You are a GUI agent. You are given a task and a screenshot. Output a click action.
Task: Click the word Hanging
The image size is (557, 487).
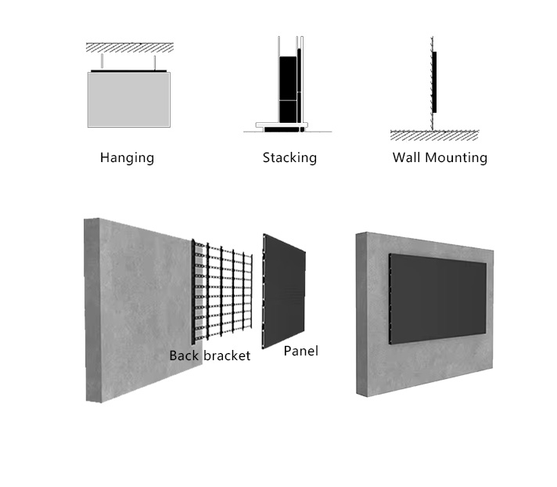click(127, 158)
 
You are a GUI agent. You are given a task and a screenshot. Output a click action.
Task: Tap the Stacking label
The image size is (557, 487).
click(289, 158)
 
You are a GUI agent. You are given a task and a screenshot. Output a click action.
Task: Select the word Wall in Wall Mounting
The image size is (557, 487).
click(407, 157)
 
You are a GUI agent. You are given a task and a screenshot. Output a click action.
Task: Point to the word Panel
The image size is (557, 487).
click(301, 351)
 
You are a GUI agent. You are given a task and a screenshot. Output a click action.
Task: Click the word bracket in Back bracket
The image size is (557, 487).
click(227, 355)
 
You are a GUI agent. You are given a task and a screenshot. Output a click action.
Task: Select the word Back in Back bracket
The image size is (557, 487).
click(185, 355)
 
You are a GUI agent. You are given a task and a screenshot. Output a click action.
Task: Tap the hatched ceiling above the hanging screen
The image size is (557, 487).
click(130, 48)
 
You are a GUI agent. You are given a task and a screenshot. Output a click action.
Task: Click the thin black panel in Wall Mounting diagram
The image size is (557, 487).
click(434, 82)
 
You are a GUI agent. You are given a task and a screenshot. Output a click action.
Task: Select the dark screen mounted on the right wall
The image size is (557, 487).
click(438, 299)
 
